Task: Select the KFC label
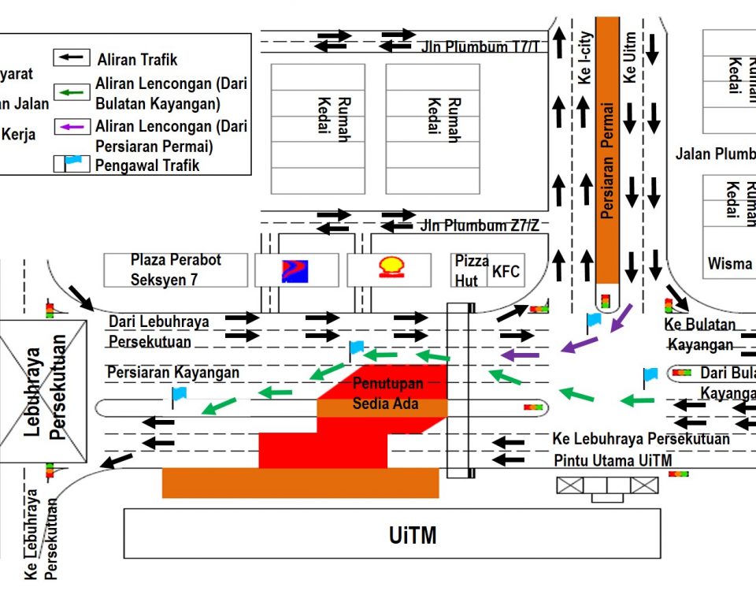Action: pyautogui.click(x=506, y=272)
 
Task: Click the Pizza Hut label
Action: pyautogui.click(x=472, y=270)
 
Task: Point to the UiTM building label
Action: pyautogui.click(x=412, y=536)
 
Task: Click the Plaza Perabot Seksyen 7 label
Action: pyautogui.click(x=176, y=269)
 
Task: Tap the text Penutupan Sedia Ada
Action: pyautogui.click(x=387, y=394)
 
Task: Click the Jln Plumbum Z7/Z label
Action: pyautogui.click(x=480, y=226)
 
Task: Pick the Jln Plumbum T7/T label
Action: pyautogui.click(x=480, y=47)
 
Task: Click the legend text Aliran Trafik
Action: pyautogui.click(x=138, y=60)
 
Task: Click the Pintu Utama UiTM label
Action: pyautogui.click(x=613, y=460)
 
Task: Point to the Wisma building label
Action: pyautogui.click(x=729, y=263)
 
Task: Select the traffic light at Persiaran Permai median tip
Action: pyautogui.click(x=606, y=300)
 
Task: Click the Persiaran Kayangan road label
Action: pyautogui.click(x=173, y=372)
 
